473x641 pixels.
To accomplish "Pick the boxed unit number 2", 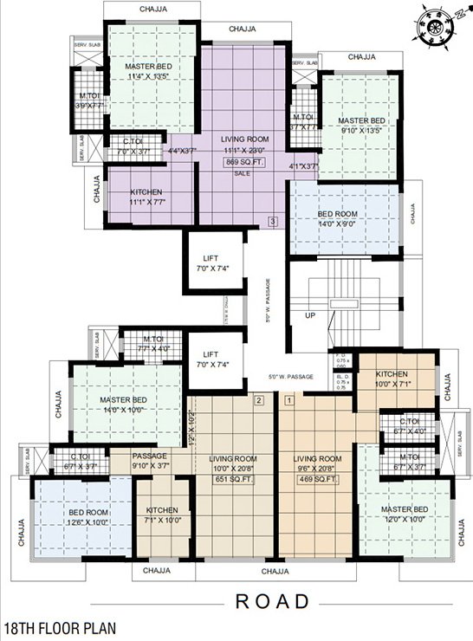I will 257,400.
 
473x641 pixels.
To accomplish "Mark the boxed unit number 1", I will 289,400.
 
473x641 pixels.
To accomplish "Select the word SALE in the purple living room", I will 244,173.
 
